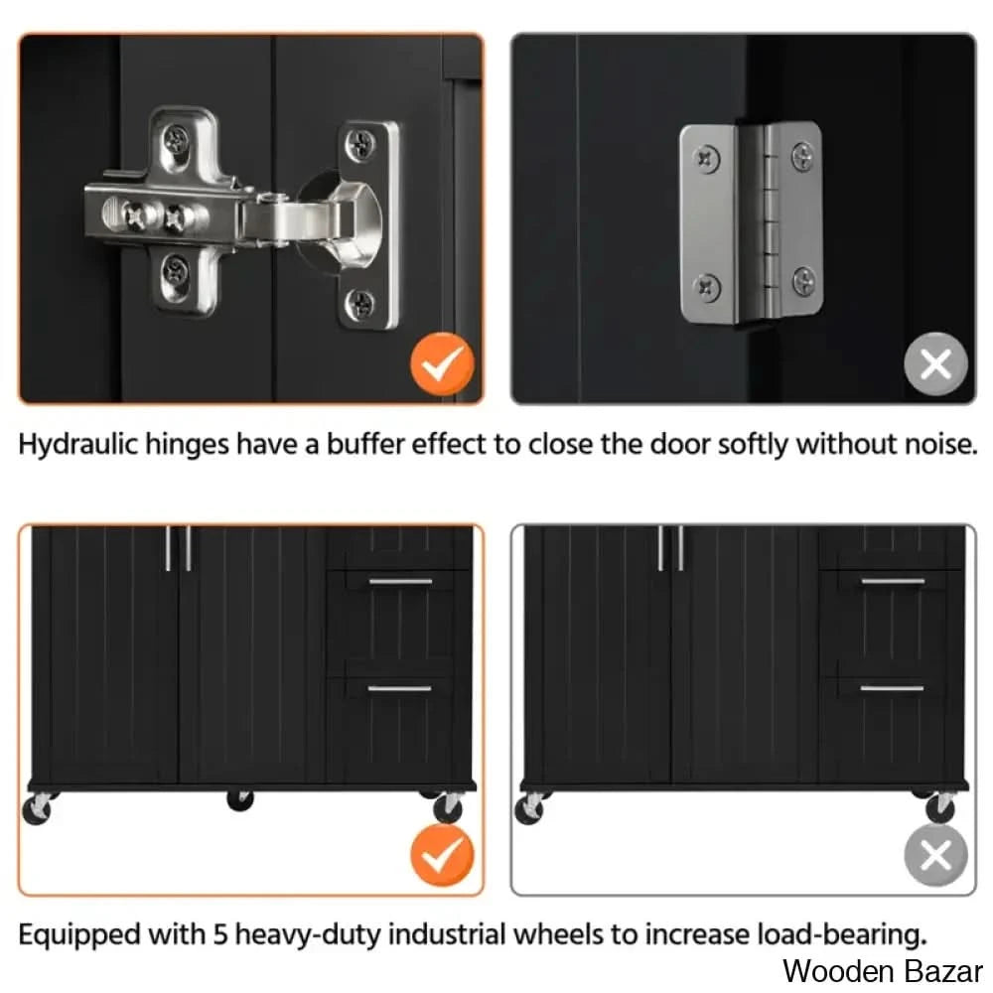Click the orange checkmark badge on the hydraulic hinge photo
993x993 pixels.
tap(442, 364)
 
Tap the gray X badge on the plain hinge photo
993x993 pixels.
tap(935, 364)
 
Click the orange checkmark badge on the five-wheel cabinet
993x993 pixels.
tap(442, 856)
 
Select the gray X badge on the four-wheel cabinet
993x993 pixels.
tap(935, 856)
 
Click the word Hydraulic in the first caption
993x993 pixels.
tap(77, 445)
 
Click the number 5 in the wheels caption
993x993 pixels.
tap(219, 934)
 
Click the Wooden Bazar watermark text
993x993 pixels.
tap(883, 971)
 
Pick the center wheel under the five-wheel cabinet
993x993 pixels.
tap(240, 800)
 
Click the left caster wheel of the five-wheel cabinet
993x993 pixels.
tap(38, 808)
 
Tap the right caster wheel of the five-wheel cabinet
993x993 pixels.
tap(447, 806)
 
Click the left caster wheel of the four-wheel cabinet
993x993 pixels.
tap(530, 808)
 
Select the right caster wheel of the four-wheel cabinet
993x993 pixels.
tap(939, 806)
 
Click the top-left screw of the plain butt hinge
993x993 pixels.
tap(707, 157)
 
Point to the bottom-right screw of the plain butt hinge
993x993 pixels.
tap(803, 281)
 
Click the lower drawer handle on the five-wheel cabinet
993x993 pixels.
tap(399, 689)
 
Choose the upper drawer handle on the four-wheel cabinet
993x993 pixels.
tap(893, 581)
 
